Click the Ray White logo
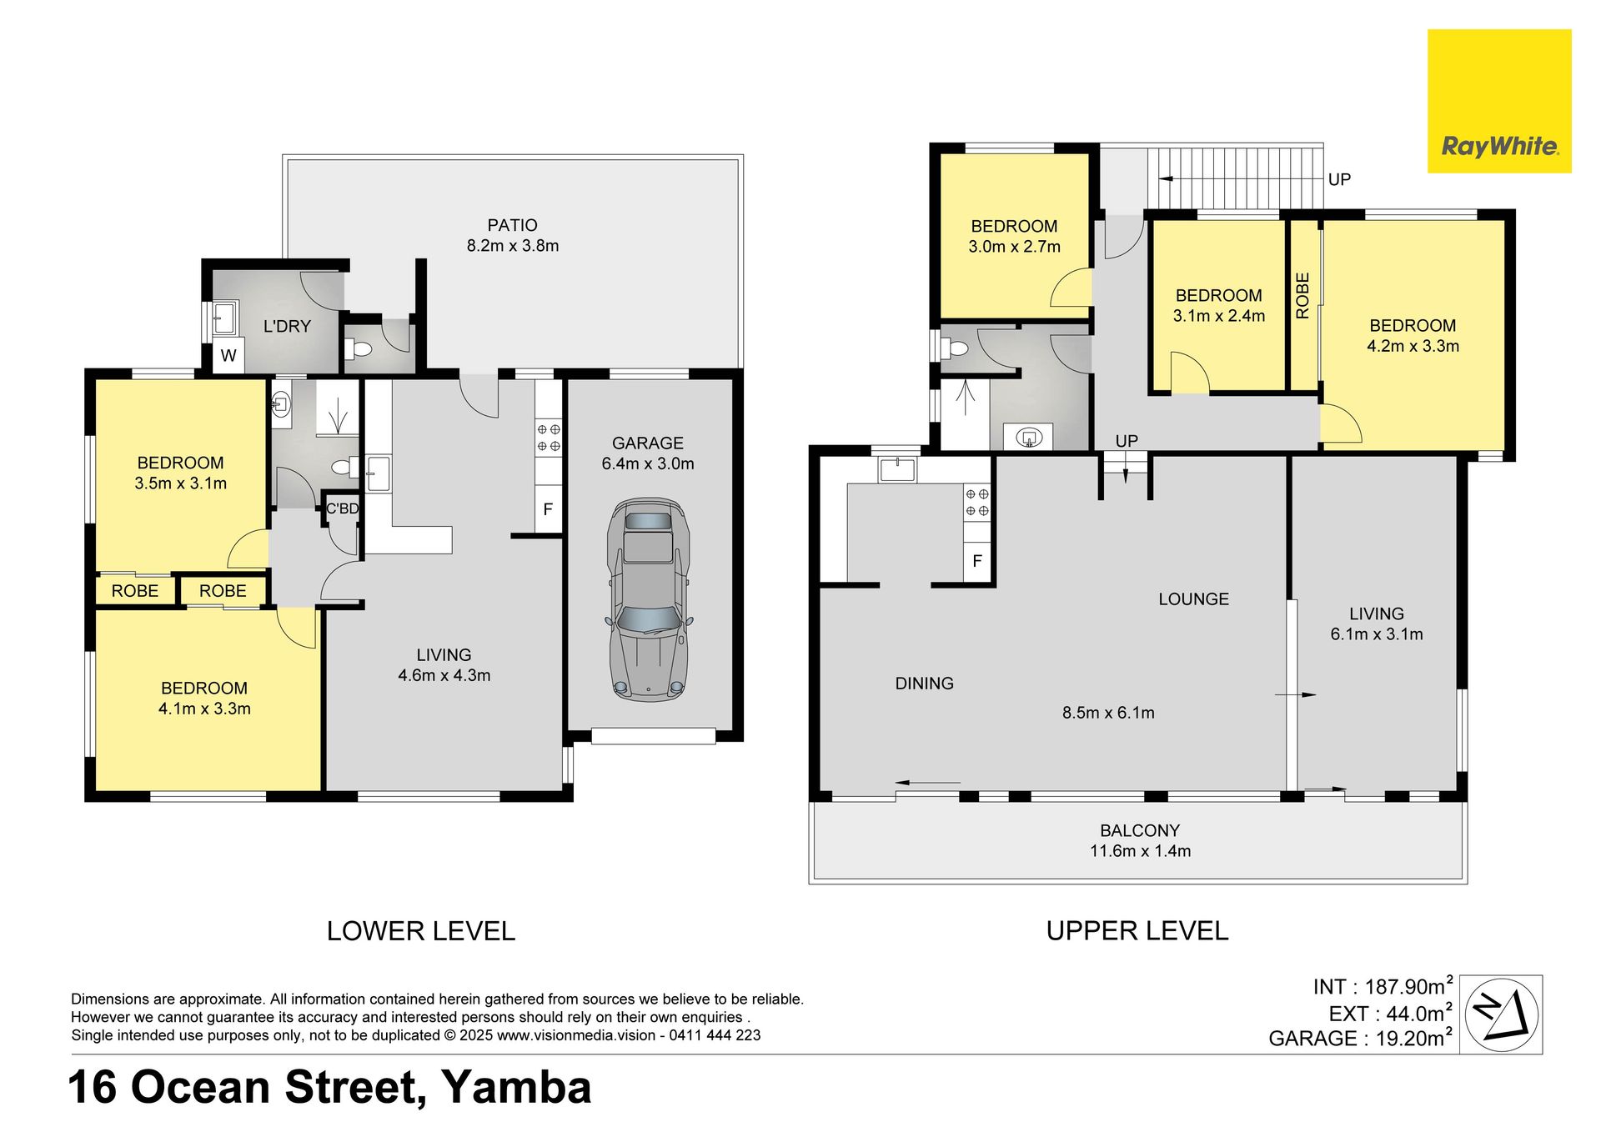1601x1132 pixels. (x=1499, y=102)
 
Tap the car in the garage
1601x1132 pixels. (x=650, y=599)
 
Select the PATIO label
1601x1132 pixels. (x=512, y=225)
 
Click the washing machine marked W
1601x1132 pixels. (x=228, y=355)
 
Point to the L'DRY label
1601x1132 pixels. (x=287, y=326)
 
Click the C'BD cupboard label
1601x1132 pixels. (x=342, y=508)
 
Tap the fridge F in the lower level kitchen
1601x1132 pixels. (x=548, y=508)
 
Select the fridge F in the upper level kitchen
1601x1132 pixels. (x=977, y=561)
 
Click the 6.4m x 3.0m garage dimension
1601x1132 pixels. (x=648, y=463)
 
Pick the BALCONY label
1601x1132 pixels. (x=1140, y=830)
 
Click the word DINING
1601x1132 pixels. (x=924, y=684)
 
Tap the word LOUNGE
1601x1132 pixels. (x=1193, y=599)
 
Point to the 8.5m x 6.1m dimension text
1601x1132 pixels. (x=1108, y=713)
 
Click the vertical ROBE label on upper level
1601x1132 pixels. (x=1302, y=295)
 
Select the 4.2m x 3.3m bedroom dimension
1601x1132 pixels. (x=1413, y=346)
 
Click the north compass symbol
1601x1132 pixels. (x=1502, y=1014)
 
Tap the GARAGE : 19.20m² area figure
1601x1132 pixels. (x=1361, y=1038)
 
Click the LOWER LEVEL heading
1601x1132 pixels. (x=421, y=930)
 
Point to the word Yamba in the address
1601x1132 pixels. (x=516, y=1087)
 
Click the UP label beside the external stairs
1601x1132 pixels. (x=1339, y=179)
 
